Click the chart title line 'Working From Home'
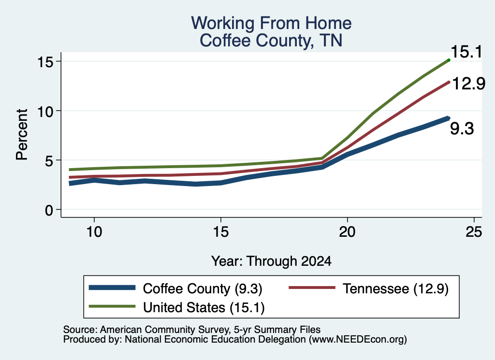pyautogui.click(x=271, y=23)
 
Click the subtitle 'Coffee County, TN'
pyautogui.click(x=271, y=41)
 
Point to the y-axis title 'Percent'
pyautogui.click(x=22, y=134)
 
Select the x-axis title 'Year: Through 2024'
pyautogui.click(x=271, y=261)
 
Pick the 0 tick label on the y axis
pyautogui.click(x=49, y=210)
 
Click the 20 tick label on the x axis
pyautogui.click(x=347, y=232)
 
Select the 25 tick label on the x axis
pyautogui.click(x=474, y=232)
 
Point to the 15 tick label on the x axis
pyautogui.click(x=220, y=232)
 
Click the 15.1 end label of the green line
pyautogui.click(x=466, y=52)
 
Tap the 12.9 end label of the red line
pyautogui.click(x=468, y=84)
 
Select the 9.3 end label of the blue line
pyautogui.click(x=462, y=129)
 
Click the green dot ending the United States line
pyautogui.click(x=449, y=60)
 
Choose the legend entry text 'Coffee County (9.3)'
pyautogui.click(x=203, y=288)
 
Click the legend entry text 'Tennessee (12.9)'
pyautogui.click(x=395, y=288)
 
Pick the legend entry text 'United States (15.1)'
pyautogui.click(x=204, y=308)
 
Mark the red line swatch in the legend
pyautogui.click(x=312, y=288)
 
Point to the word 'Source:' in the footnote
pyautogui.click(x=80, y=330)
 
